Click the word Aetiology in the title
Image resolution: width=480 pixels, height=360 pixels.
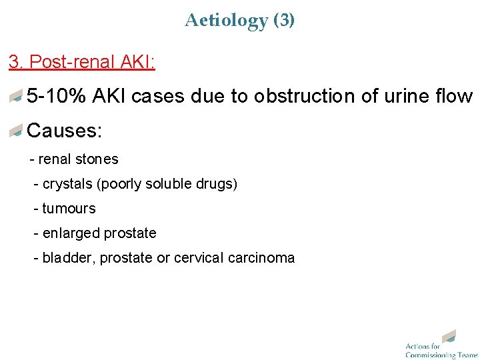[x=226, y=21]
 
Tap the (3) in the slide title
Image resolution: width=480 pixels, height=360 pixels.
[x=284, y=21]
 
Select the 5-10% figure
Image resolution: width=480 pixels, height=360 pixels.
[x=57, y=97]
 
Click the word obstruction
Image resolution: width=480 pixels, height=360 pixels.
[x=299, y=97]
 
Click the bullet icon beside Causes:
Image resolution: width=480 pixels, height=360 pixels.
[x=16, y=131]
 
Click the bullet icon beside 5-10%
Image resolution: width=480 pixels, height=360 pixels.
[x=16, y=97]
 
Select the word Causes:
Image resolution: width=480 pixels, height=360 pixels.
[x=64, y=131]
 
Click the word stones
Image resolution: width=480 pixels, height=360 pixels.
[x=97, y=159]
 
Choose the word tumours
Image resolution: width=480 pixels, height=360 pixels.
[x=69, y=209]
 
